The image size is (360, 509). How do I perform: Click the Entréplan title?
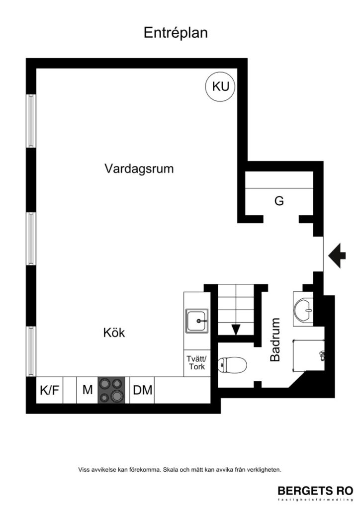click(x=176, y=33)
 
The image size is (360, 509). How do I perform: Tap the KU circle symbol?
click(x=220, y=86)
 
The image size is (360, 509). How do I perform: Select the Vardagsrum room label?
click(x=139, y=169)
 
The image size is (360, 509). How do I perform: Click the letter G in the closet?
click(x=279, y=201)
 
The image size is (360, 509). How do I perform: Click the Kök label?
click(x=114, y=333)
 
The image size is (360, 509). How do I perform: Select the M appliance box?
click(x=88, y=390)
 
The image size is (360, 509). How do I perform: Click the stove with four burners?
click(x=111, y=390)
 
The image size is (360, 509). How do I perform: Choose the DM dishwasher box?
click(x=143, y=390)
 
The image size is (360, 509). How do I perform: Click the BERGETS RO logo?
click(x=315, y=490)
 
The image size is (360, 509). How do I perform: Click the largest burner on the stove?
click(x=117, y=396)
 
